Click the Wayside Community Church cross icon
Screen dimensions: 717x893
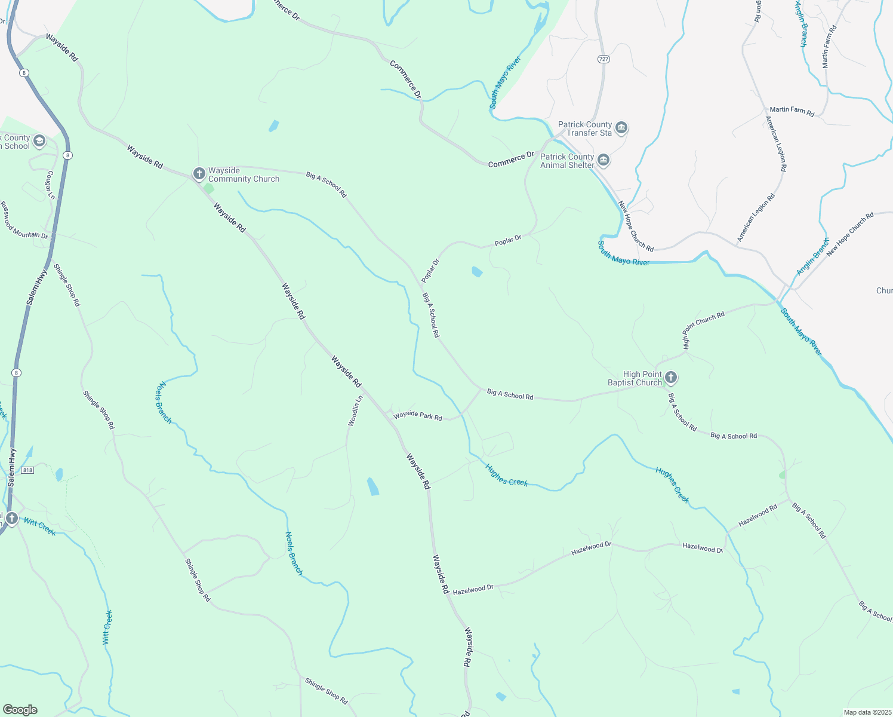(x=199, y=174)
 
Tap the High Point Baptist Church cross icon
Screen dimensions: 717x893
(x=671, y=378)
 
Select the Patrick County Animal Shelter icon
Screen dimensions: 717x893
(x=603, y=160)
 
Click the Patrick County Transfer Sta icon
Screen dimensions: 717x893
(x=621, y=128)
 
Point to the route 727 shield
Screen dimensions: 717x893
(x=603, y=59)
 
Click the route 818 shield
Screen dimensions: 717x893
(x=28, y=470)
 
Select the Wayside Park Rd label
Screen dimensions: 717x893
(x=418, y=415)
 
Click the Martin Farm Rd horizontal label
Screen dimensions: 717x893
(x=792, y=111)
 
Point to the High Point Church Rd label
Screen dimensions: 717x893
(x=703, y=329)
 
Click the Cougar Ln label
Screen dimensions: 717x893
(x=51, y=185)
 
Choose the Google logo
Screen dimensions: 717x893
(x=20, y=710)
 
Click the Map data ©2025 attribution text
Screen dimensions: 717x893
(x=867, y=712)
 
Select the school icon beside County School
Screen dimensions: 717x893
(x=39, y=142)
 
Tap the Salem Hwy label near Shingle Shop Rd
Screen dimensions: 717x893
(x=37, y=289)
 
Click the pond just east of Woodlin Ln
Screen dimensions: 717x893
(x=372, y=486)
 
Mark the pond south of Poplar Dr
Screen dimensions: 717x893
(x=477, y=272)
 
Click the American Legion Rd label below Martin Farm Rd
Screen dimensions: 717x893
(x=776, y=143)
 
